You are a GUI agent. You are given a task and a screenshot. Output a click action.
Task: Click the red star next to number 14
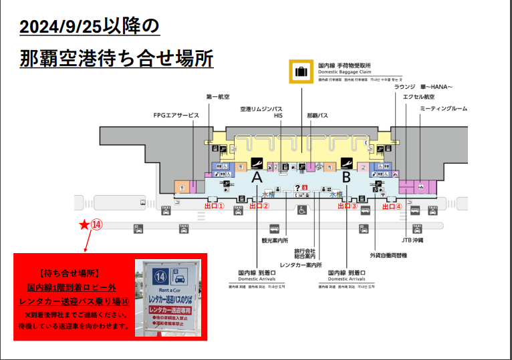click(x=84, y=225)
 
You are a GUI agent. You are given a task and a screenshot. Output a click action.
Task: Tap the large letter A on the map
click(x=256, y=178)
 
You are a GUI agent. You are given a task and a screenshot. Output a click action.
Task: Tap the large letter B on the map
click(x=346, y=178)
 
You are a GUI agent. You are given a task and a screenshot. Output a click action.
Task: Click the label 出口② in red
click(x=259, y=206)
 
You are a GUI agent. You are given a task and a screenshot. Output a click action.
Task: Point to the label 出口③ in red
click(x=348, y=206)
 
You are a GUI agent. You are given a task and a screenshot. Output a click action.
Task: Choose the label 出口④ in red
click(x=392, y=206)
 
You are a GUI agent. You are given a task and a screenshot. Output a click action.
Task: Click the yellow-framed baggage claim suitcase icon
click(x=301, y=72)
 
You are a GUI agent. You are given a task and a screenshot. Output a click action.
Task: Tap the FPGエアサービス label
click(x=176, y=116)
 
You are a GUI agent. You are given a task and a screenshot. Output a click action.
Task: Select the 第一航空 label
click(x=218, y=97)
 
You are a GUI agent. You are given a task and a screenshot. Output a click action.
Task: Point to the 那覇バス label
click(x=317, y=116)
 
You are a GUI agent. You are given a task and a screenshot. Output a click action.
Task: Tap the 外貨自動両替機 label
click(x=388, y=255)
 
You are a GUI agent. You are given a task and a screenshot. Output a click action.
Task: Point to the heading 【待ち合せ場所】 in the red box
click(x=70, y=274)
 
